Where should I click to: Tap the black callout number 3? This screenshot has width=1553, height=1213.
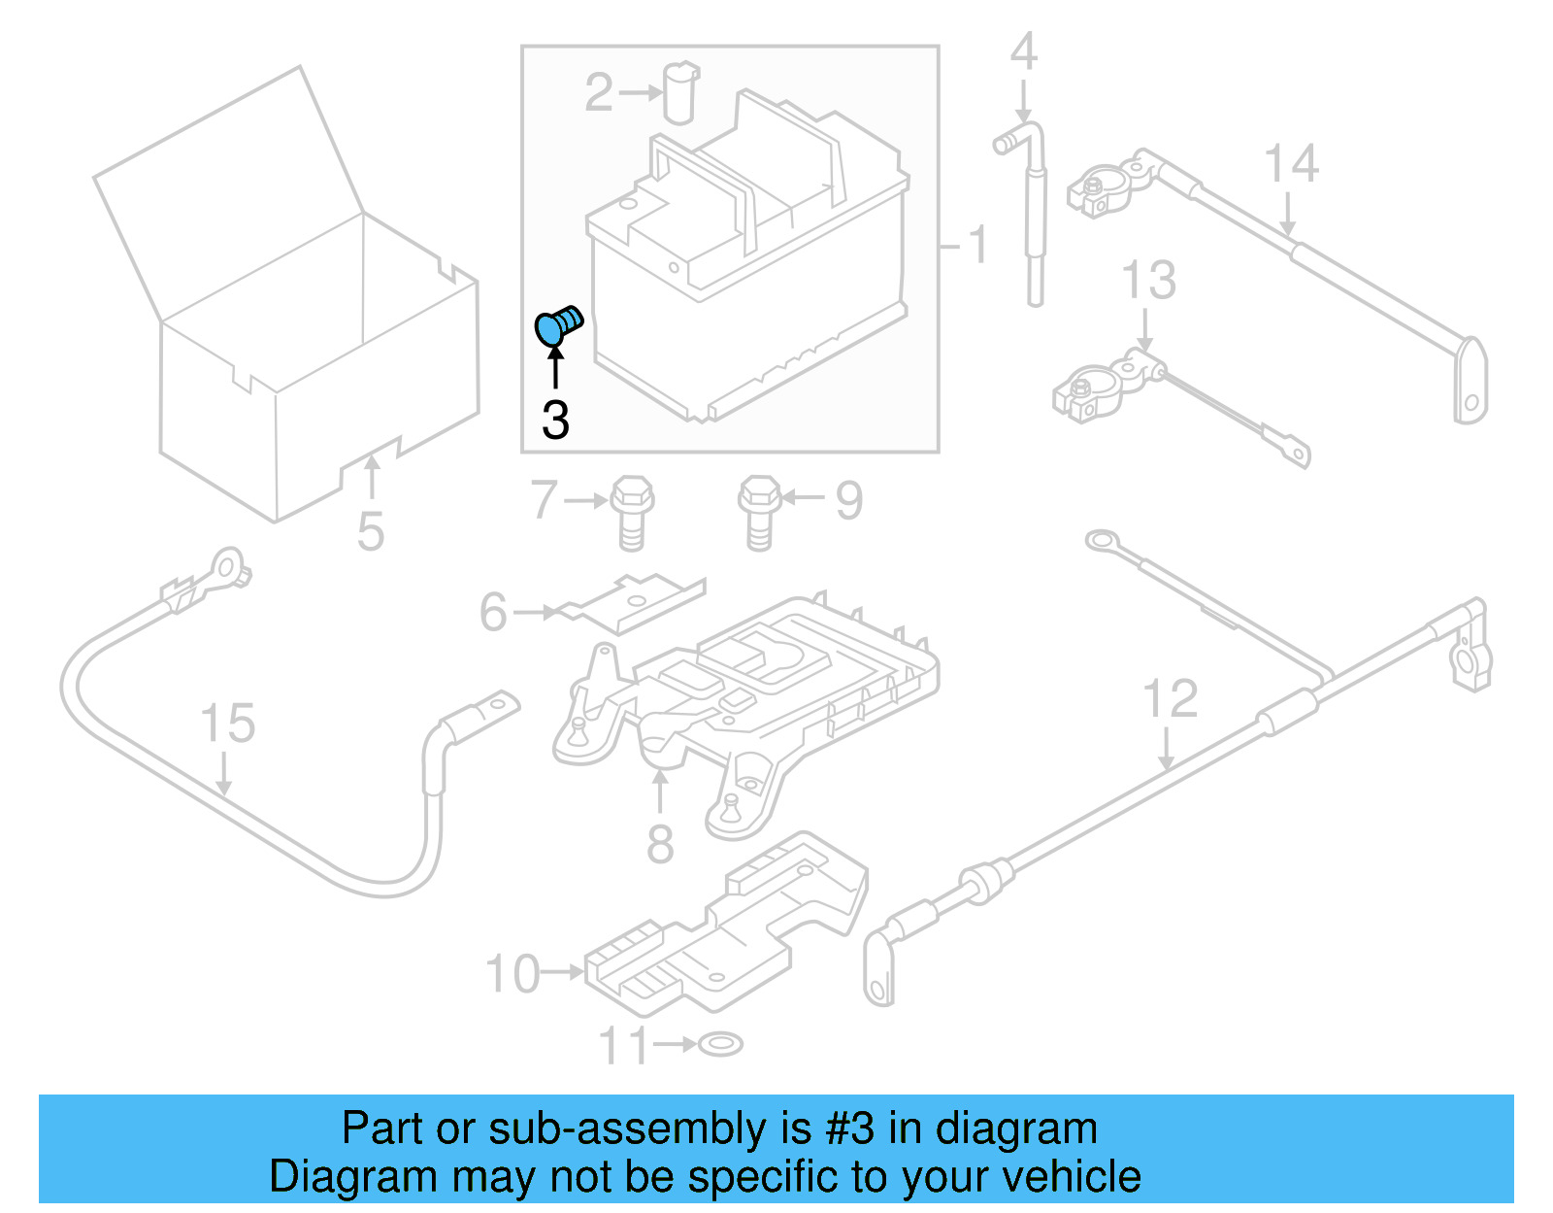point(555,421)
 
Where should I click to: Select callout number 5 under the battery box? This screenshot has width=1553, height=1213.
point(371,531)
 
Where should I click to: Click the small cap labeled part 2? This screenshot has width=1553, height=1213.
point(681,92)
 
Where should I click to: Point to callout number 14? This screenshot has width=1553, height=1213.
point(1291,163)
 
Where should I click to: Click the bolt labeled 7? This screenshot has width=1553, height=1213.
point(632,512)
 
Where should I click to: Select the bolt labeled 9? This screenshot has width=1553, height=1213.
point(759,512)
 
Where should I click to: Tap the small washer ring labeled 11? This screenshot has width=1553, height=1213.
point(721,1044)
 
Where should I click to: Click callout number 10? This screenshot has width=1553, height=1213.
point(512,974)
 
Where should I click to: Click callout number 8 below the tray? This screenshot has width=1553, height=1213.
point(660,844)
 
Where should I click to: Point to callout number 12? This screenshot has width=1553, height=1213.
point(1170,699)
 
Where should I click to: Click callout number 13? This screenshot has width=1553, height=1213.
point(1148,281)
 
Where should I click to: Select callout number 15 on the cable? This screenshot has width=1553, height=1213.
point(227,724)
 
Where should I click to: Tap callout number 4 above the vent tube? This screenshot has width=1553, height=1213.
point(1024,51)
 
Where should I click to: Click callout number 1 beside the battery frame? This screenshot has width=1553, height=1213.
point(977,244)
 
